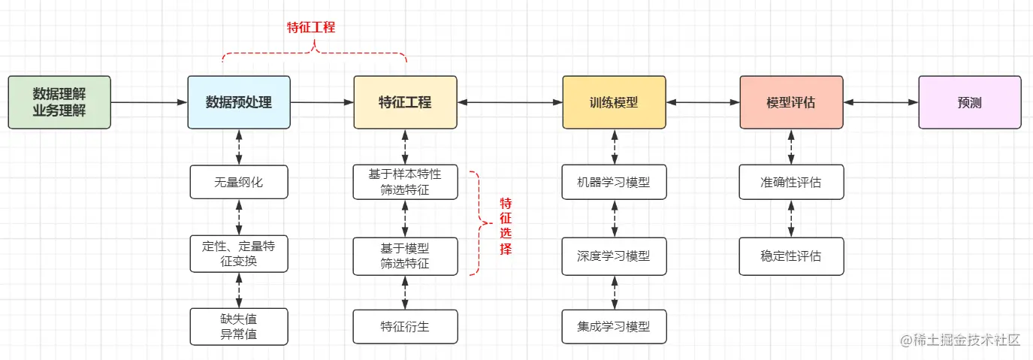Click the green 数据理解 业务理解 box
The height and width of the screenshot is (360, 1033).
coord(59,102)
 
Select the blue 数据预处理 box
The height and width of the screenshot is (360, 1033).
coord(239,102)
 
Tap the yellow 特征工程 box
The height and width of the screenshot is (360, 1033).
coord(405,102)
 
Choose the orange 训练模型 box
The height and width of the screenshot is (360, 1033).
coord(614,102)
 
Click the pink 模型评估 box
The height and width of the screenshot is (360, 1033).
coord(790,102)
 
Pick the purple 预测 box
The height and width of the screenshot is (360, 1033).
coord(969,102)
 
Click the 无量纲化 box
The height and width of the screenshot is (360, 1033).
coord(239,182)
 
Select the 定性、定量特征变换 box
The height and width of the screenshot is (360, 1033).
coord(239,254)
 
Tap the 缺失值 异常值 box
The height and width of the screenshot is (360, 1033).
coord(239,325)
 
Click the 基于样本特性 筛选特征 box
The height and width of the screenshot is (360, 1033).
coord(405,182)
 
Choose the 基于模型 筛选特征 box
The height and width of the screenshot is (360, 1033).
coord(405,255)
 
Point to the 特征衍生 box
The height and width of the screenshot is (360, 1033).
coord(405,326)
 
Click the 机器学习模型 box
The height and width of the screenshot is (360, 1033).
coord(614,182)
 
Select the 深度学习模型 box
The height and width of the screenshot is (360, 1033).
coord(614,255)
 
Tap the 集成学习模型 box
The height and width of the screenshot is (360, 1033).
coord(614,326)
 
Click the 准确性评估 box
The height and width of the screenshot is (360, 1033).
coord(790,182)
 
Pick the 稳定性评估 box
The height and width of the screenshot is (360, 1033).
coord(790,255)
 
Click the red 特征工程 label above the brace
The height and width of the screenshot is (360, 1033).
coord(311,27)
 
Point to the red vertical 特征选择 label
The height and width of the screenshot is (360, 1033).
coord(506,226)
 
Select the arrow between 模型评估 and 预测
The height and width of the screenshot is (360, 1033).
coord(880,102)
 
